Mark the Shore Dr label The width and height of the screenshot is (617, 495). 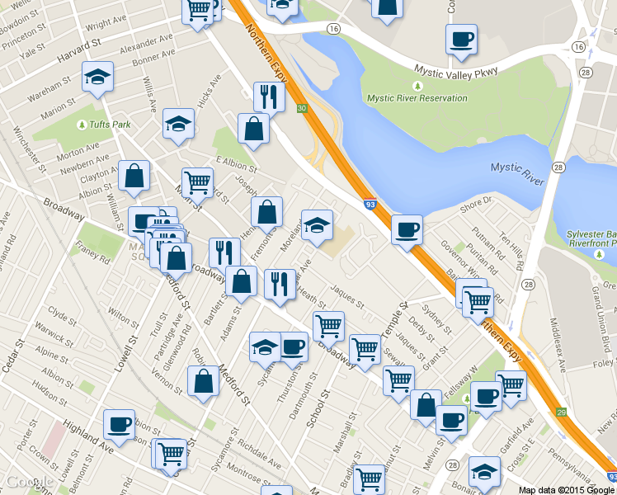pyautogui.click(x=476, y=202)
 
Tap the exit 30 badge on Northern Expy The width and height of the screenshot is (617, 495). pyautogui.click(x=303, y=108)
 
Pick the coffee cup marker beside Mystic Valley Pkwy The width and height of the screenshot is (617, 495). pyautogui.click(x=461, y=39)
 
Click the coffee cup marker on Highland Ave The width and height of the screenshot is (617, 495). pyautogui.click(x=119, y=424)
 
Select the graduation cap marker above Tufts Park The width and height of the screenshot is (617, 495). pyautogui.click(x=97, y=78)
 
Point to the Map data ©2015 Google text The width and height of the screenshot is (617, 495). pyautogui.click(x=567, y=489)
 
